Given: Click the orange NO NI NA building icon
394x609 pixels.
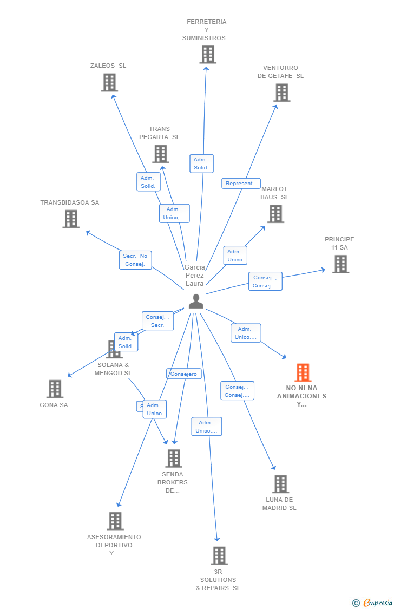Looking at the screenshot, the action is pos(303,372).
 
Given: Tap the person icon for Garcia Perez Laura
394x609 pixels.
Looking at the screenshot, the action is pos(196,301).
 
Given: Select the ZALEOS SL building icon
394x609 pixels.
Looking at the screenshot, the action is pos(109,82).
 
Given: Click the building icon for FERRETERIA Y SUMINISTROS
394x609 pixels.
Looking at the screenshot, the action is pos(208,55).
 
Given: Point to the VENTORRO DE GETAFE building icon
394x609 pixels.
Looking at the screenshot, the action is pos(281,93).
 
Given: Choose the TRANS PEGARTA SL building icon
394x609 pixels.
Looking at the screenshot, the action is pos(160,154).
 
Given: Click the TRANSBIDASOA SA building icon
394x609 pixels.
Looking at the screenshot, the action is pos(71,219).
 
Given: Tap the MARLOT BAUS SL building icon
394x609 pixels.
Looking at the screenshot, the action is pos(275,214).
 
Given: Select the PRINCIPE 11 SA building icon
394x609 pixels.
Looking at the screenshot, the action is pos(340,264).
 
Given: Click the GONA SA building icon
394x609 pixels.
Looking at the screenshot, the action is pos(55,389).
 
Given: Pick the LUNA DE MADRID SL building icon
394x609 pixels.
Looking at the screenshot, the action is pos(280,484).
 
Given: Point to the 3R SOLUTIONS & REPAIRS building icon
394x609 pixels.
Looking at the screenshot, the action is pos(219,555).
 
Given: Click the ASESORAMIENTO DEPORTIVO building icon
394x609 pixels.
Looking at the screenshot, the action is pos(115,521).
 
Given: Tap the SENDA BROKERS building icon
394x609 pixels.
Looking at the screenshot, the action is pos(173,459).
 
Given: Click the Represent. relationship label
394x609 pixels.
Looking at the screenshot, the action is pos(241,184).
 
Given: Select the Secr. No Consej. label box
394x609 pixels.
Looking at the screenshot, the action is pos(135,260).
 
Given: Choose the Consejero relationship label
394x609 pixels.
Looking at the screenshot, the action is pos(183,374).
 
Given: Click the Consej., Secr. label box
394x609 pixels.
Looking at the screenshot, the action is pos(157,321).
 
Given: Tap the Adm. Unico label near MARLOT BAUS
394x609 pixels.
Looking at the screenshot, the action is pos(235,256).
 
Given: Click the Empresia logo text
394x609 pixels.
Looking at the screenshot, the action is pos(377,603).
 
